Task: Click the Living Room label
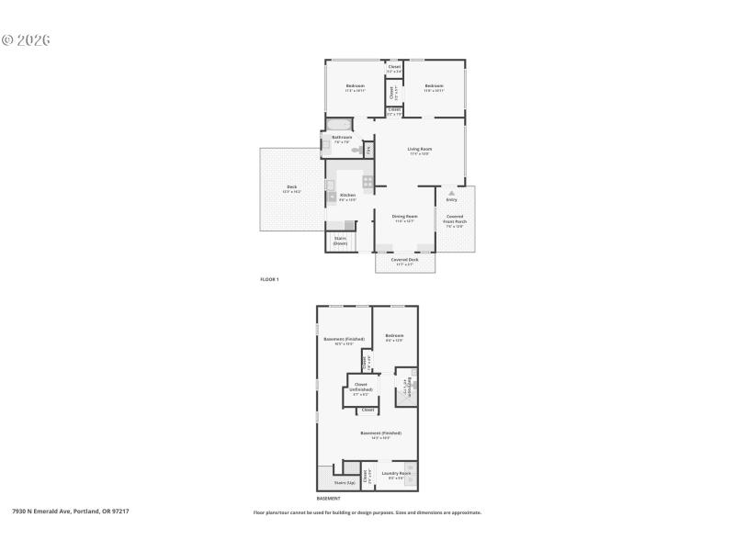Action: coord(420,150)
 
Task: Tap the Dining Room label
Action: coord(405,218)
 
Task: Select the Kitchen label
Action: coord(348,197)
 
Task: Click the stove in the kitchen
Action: coord(367,181)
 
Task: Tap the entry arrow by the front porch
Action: coord(451,193)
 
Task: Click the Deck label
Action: coord(291,188)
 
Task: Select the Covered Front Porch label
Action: coord(455,220)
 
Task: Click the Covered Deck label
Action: coord(405,261)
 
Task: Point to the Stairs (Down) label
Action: coord(340,241)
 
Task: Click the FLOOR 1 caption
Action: coord(269,278)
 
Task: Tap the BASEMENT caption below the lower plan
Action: coord(329,499)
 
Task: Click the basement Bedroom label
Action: coord(395,337)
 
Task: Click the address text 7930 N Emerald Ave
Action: coord(71,512)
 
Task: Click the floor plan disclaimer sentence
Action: coord(367,512)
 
